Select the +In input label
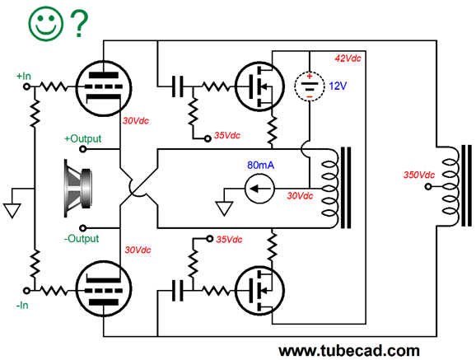click(23, 76)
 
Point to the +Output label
click(83, 138)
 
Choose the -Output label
click(84, 239)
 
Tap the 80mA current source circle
click(259, 189)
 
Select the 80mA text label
click(260, 165)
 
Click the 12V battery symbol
click(309, 86)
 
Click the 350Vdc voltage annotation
click(419, 175)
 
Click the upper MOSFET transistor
click(258, 85)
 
